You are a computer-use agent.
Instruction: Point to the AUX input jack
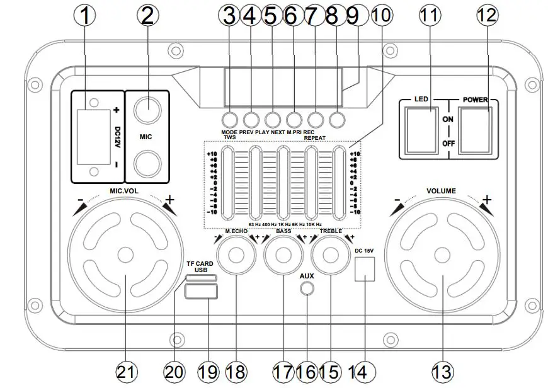click(x=307, y=288)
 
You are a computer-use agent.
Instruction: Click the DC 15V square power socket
click(x=365, y=270)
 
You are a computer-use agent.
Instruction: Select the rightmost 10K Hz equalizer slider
click(x=340, y=183)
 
